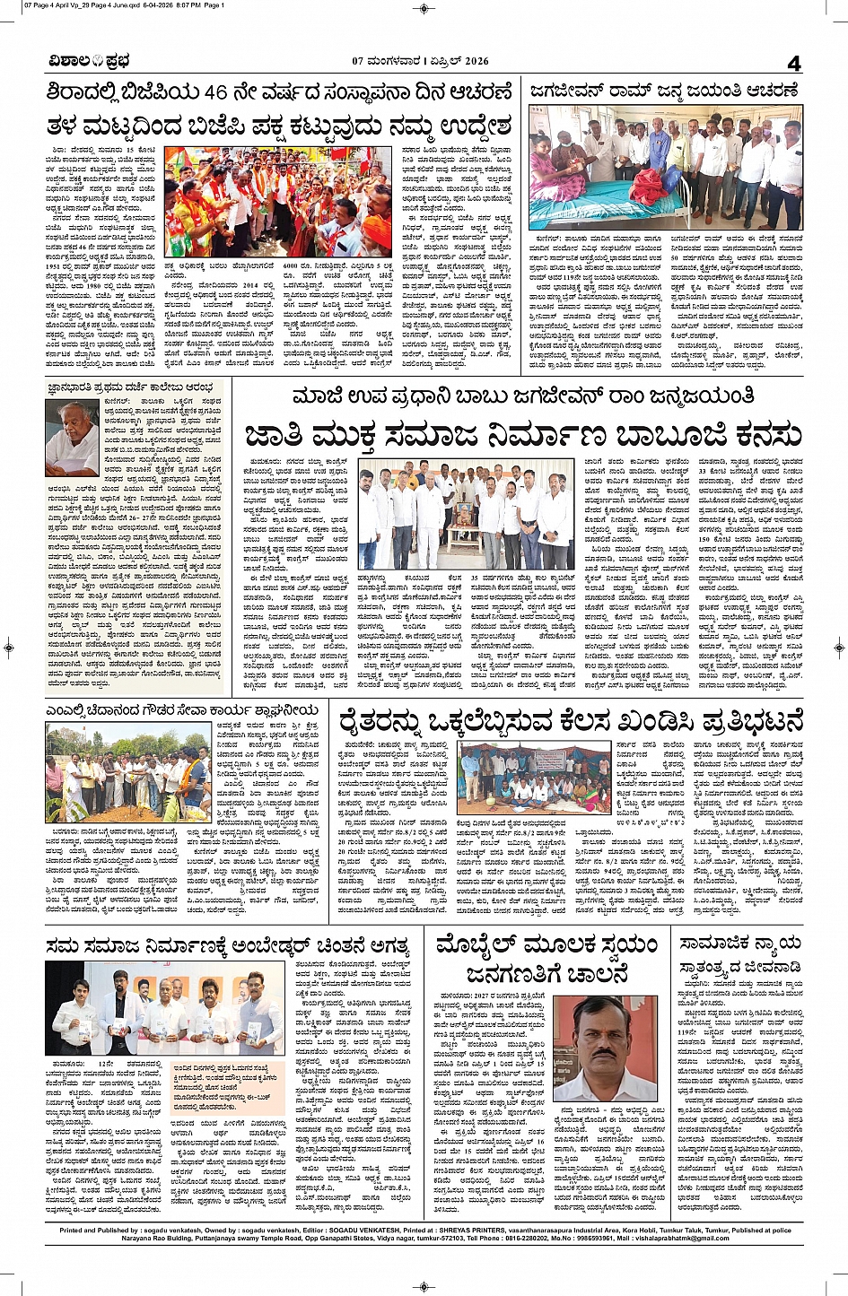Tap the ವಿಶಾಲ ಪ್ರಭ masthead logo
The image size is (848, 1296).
click(x=90, y=61)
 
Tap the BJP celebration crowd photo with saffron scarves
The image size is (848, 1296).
click(x=277, y=202)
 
